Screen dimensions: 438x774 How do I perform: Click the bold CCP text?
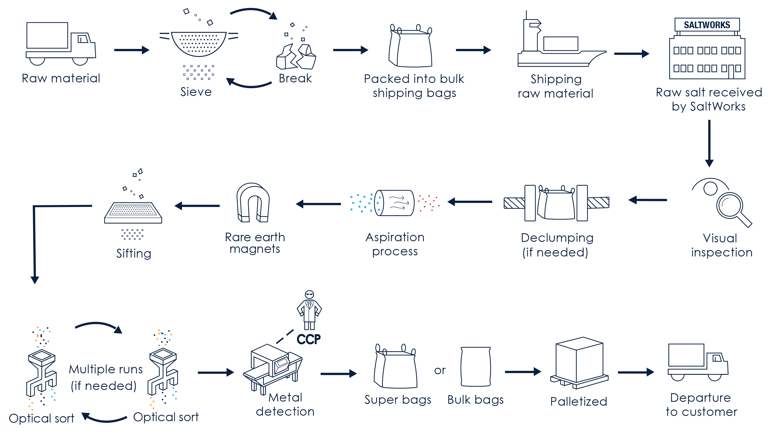point(308,339)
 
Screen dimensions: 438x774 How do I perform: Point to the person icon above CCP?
point(309,310)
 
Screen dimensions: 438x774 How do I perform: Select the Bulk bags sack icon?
point(475,367)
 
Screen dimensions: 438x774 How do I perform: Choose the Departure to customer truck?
point(697,362)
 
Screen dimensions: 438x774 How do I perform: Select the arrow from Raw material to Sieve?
point(132,50)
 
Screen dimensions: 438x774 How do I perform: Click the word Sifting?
point(134,253)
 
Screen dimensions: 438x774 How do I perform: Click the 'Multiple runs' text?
point(106,369)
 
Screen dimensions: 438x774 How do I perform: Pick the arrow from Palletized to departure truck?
point(635,372)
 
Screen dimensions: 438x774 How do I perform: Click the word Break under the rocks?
point(295,78)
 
